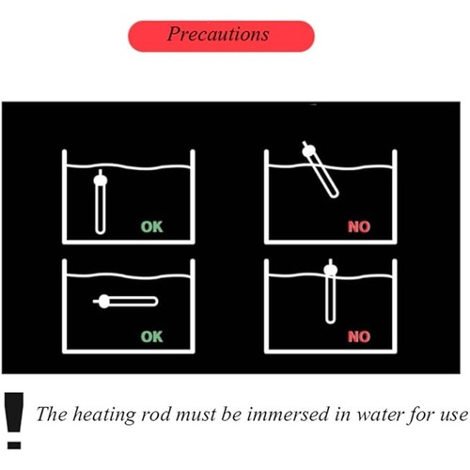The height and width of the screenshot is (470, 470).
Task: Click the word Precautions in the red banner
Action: [218, 34]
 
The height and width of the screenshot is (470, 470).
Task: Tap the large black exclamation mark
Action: [14, 420]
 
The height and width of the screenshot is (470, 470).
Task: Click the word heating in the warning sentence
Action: [104, 415]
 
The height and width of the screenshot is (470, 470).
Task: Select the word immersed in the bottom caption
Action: [288, 415]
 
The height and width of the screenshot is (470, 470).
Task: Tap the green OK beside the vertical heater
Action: [152, 227]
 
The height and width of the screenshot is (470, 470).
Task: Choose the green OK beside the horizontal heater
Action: [152, 337]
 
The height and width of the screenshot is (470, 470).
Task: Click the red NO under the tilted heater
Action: [359, 227]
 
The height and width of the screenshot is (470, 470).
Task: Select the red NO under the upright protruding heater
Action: [359, 337]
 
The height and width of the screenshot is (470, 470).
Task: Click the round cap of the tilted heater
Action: [309, 151]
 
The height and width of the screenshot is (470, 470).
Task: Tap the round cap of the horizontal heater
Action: [104, 302]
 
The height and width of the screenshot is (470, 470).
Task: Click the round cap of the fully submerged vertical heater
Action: [101, 180]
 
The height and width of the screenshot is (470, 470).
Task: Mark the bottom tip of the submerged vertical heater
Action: [101, 232]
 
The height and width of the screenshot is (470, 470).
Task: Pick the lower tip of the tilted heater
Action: [335, 195]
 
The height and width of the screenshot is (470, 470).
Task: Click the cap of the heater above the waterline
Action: [331, 270]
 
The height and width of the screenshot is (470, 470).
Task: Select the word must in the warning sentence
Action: [196, 415]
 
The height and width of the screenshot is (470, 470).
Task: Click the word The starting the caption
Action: [52, 415]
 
